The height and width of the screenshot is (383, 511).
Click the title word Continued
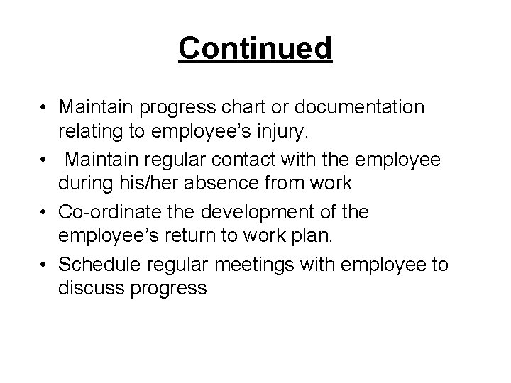pos(255,48)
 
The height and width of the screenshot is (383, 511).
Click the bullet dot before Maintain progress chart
pos(45,108)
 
